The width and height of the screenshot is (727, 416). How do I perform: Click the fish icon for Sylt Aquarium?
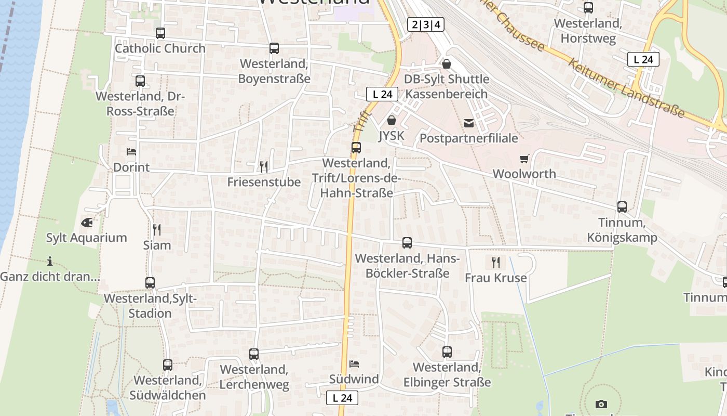[x=87, y=223]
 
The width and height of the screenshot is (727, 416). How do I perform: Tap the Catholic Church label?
[x=160, y=48]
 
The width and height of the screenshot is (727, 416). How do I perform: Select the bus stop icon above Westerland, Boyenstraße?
[x=274, y=48]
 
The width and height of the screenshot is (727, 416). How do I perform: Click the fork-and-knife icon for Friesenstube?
[x=264, y=166]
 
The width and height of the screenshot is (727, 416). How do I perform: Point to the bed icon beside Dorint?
[x=131, y=152]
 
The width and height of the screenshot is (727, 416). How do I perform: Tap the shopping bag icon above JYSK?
[x=392, y=120]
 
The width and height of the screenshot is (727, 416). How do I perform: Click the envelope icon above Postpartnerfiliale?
[x=469, y=123]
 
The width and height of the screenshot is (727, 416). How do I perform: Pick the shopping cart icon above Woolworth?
[x=524, y=159]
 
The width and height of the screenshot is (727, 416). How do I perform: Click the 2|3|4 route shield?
[x=425, y=24]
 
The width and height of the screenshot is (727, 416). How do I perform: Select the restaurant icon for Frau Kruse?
[x=496, y=262]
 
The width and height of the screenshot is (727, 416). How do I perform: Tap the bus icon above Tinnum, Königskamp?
[x=622, y=207]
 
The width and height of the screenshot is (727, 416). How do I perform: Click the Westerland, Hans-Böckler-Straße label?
[x=407, y=266]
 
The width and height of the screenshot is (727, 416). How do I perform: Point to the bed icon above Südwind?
[x=354, y=363]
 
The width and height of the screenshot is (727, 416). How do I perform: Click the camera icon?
[x=601, y=404]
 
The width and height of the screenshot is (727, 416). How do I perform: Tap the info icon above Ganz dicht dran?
[x=50, y=261]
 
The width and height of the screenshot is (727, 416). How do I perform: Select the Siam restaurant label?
[x=157, y=245]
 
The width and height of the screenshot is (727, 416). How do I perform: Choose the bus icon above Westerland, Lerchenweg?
[x=254, y=354]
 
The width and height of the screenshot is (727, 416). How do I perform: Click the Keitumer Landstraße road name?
[x=626, y=88]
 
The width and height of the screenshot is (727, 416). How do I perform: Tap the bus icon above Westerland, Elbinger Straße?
[x=447, y=352]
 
